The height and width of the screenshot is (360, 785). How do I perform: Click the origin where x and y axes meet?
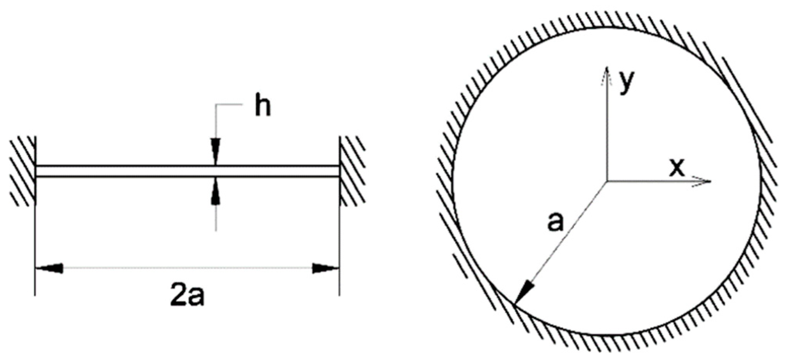coord(607,181)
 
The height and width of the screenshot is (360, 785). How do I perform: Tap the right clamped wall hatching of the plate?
coord(353,171)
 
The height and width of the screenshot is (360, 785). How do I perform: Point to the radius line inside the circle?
coord(563,241)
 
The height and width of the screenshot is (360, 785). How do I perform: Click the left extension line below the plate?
coord(35,241)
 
